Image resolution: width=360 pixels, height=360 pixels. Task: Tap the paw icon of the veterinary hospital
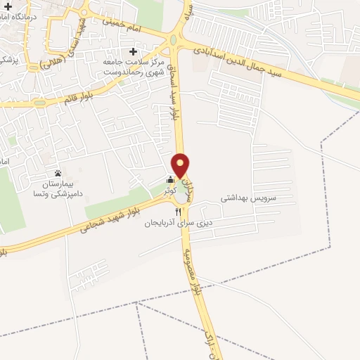(58, 173)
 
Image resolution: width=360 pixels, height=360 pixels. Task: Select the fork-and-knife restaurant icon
(177, 211)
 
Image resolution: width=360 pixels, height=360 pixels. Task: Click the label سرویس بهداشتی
(249, 199)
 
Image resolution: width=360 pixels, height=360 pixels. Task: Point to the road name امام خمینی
(127, 28)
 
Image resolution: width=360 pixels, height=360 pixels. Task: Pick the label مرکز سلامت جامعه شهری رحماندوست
(134, 65)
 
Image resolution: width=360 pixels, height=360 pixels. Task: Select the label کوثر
(169, 191)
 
